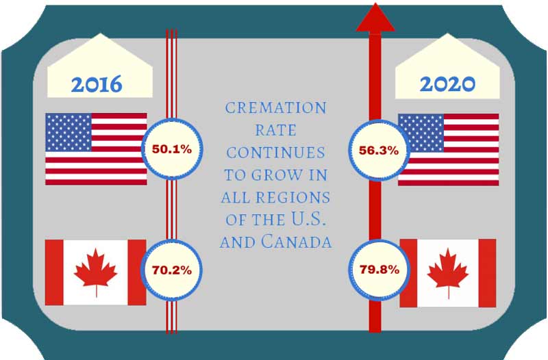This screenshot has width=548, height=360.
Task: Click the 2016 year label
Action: (x=97, y=84)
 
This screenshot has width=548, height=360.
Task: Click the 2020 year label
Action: (x=447, y=84)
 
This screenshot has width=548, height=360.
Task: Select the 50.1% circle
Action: (x=172, y=149)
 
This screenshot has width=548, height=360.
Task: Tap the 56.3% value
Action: (x=379, y=151)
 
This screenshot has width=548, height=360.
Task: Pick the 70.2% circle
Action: (x=171, y=270)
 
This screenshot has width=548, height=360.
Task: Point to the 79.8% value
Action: (x=379, y=270)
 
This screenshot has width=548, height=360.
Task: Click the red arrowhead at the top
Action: (x=375, y=17)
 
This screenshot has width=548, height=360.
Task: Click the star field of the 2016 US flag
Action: (x=68, y=132)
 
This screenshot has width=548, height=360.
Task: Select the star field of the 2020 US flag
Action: (x=421, y=133)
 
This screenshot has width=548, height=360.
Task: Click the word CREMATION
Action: (x=276, y=108)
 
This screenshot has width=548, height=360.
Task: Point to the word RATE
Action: (x=276, y=131)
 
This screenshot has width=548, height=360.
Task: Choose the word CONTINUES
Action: (x=276, y=153)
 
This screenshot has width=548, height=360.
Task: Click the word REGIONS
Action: (x=293, y=198)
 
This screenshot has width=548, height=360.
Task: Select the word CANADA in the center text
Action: (x=296, y=242)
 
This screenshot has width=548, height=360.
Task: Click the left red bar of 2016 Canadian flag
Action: (x=54, y=272)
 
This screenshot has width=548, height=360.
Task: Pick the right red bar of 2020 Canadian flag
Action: (x=487, y=273)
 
